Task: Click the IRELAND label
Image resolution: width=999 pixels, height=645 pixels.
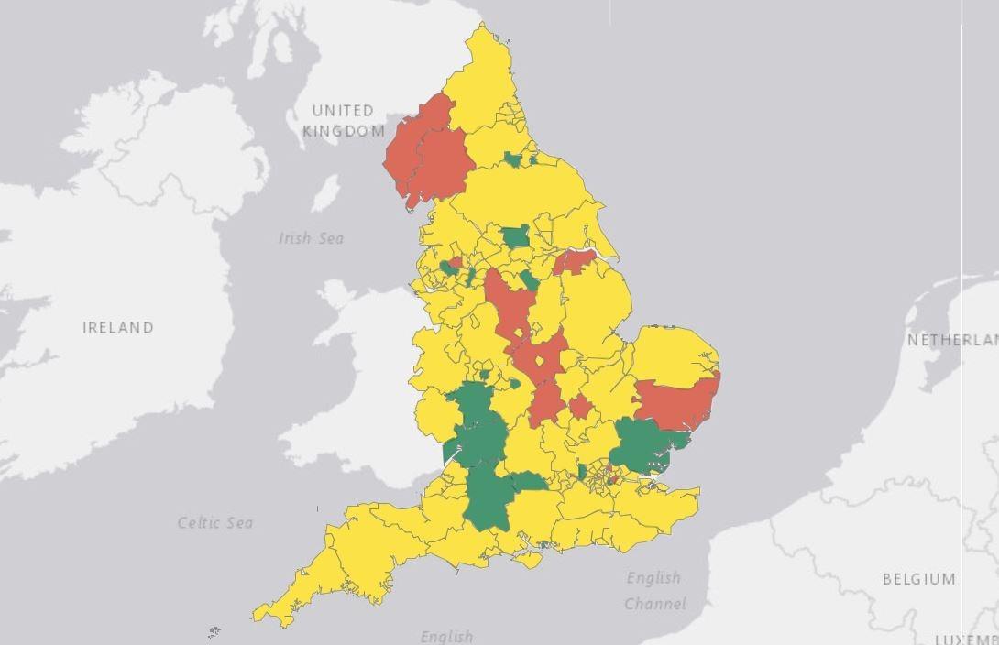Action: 118,327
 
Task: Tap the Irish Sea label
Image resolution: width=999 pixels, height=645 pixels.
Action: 311,238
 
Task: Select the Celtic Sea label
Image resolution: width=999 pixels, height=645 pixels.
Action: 214,523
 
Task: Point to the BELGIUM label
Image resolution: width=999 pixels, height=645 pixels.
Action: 918,579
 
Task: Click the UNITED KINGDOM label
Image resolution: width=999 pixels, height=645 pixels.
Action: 344,121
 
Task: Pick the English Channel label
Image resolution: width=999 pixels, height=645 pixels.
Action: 654,590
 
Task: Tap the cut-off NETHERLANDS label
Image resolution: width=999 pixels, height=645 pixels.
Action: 952,340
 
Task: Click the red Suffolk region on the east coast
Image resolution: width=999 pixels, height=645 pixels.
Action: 678,403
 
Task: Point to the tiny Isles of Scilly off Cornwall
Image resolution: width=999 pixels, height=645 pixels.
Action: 214,631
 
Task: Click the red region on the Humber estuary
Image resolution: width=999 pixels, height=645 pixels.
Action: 575,261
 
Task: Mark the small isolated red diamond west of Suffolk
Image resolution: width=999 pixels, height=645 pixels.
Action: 579,406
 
